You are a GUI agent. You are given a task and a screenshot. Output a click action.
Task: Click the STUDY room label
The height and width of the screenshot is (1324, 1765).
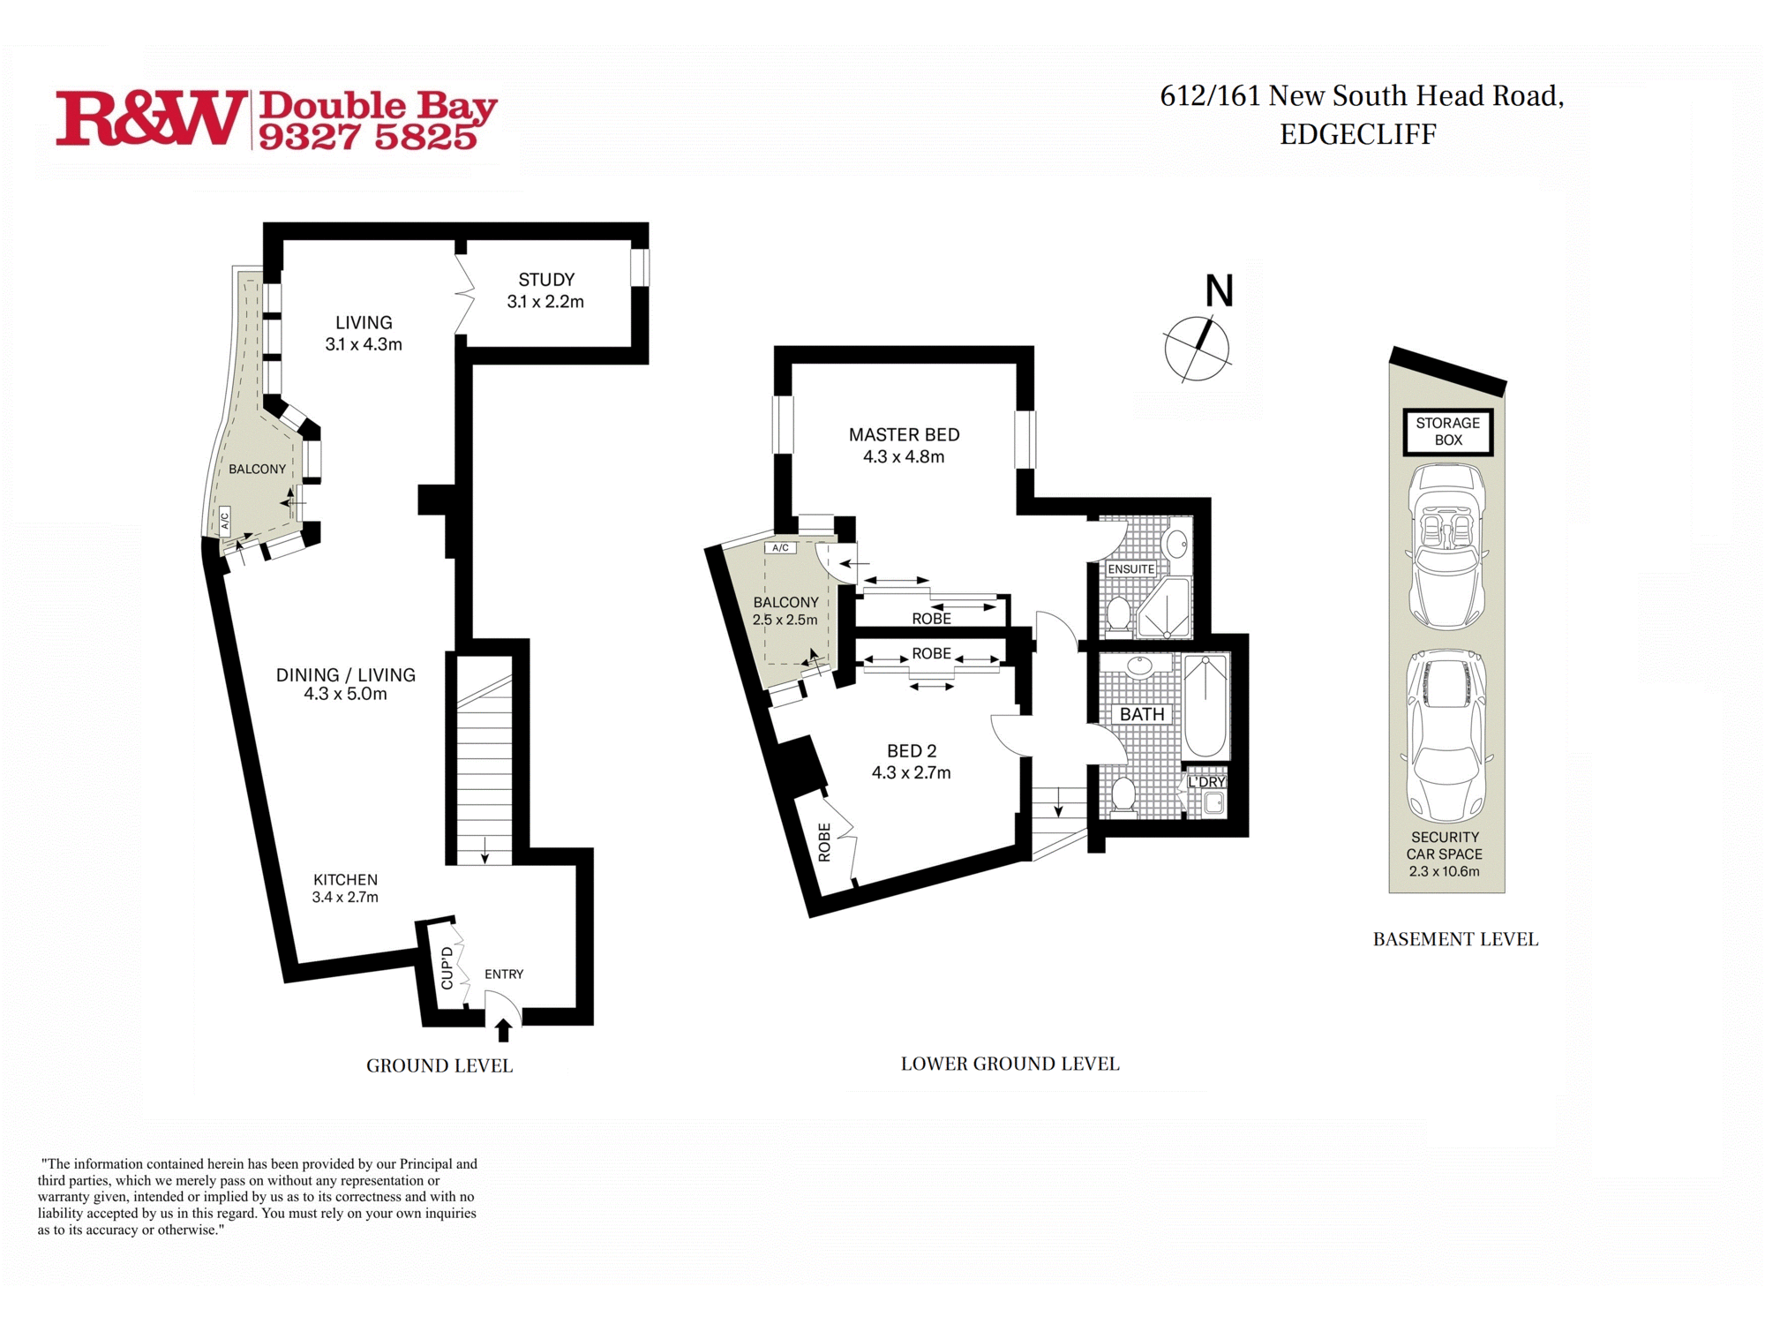pos(546,280)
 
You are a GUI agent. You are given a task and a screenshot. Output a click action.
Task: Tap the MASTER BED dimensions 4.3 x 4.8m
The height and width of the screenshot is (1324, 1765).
pos(904,457)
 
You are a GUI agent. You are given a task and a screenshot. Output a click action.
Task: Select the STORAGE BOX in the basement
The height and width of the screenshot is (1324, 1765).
pos(1447,432)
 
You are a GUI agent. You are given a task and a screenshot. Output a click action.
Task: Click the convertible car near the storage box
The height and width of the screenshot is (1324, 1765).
pos(1446,546)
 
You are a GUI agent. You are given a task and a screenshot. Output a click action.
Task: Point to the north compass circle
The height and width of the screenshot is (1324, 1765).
pos(1197,349)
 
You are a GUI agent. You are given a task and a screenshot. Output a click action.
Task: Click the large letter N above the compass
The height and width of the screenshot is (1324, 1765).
pos(1219,290)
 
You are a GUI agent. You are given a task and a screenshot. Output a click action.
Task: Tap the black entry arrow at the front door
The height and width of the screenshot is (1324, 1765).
pos(503,1030)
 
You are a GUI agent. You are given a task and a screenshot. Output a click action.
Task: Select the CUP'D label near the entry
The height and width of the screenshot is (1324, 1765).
pos(447,967)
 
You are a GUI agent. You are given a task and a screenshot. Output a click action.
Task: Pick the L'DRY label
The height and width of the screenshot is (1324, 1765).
pos(1206,782)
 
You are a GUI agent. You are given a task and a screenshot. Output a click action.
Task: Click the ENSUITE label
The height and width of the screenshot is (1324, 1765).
pos(1130,569)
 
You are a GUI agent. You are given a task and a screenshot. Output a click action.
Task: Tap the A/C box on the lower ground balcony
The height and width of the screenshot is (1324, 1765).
pos(780,548)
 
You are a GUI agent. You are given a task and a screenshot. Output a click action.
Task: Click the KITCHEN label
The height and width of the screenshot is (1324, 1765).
pos(345,880)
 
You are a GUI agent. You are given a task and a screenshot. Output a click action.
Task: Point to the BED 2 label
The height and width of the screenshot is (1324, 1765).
pos(911,751)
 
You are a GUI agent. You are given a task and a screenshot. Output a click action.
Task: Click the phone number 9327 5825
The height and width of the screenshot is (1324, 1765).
pos(367,138)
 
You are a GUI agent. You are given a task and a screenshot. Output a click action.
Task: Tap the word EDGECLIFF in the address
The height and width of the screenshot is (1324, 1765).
pos(1357,135)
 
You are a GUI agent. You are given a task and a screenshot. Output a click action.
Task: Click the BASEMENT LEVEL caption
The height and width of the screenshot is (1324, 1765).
pos(1454,939)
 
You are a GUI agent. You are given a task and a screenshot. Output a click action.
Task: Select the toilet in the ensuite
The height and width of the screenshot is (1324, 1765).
pos(1119,613)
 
